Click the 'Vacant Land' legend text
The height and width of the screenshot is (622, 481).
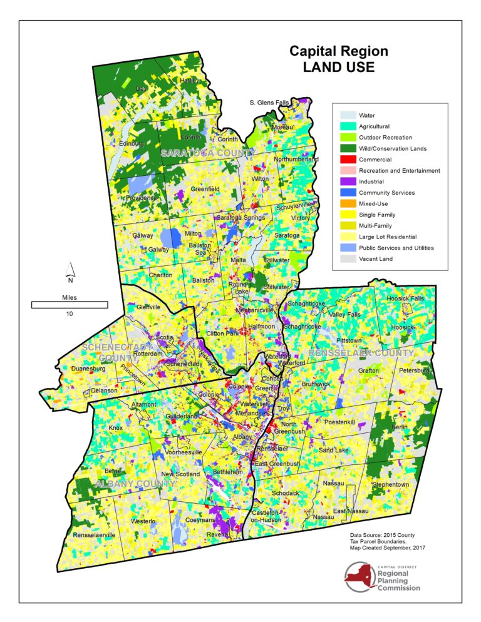click(376, 258)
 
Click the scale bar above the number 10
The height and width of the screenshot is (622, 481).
click(70, 305)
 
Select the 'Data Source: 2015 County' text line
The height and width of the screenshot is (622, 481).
click(382, 536)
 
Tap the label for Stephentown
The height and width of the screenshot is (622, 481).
click(390, 484)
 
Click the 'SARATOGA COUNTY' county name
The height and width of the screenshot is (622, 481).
click(208, 153)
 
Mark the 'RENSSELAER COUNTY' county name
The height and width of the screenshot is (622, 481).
click(361, 354)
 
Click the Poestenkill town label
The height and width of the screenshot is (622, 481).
click(344, 423)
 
